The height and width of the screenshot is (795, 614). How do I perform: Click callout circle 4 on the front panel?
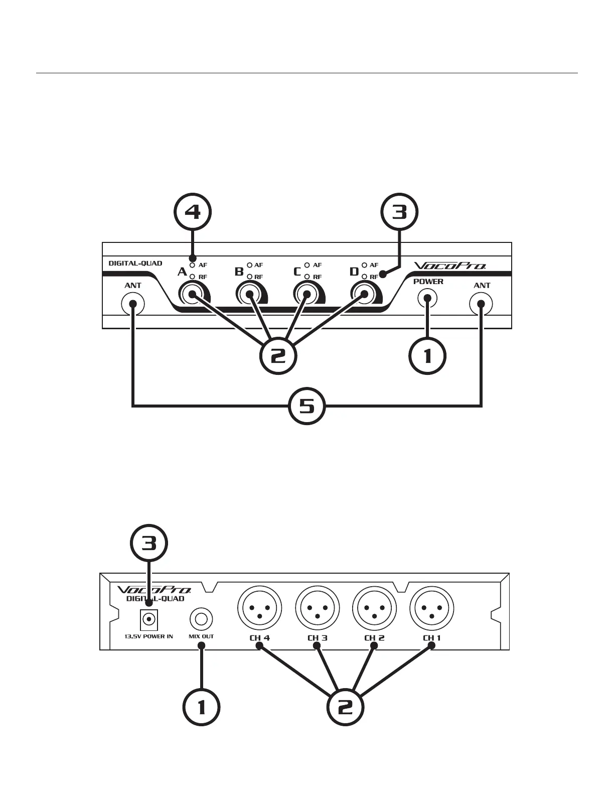193,213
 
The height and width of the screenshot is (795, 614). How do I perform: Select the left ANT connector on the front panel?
133,303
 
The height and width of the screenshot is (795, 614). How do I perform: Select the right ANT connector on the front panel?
481,303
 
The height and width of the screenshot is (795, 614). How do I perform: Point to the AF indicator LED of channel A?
192,265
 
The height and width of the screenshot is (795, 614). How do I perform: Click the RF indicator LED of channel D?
365,277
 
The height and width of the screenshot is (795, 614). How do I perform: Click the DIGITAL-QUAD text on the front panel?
135,263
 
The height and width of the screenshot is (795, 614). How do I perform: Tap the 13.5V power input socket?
149,619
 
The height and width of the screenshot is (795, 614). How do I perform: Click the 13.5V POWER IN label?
148,636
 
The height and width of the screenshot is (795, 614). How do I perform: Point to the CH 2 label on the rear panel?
374,638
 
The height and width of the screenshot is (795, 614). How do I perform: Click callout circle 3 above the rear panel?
149,544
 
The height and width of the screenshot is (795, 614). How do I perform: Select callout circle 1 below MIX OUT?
201,707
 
